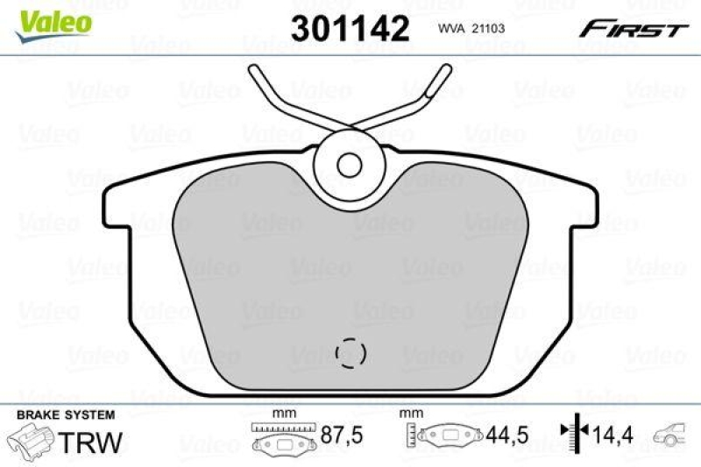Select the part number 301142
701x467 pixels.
[350, 30]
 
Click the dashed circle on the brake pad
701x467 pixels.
[350, 352]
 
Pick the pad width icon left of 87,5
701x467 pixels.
[283, 436]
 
